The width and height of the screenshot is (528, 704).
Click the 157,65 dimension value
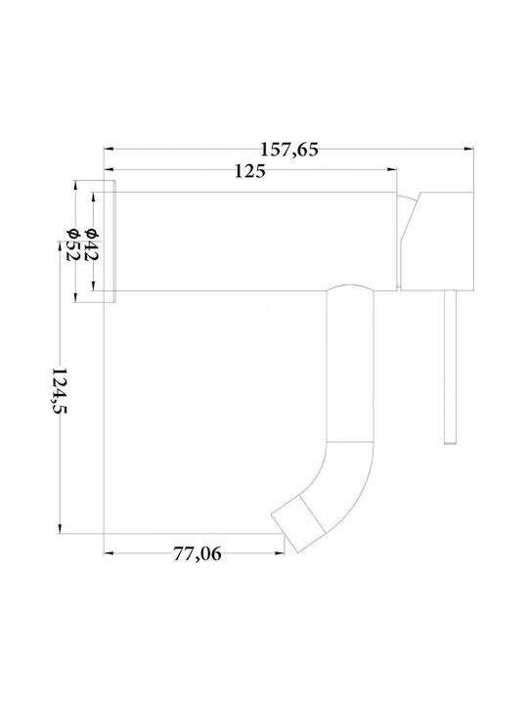(289, 150)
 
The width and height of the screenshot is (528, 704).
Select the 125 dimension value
(249, 171)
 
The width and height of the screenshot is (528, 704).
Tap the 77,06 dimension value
(198, 554)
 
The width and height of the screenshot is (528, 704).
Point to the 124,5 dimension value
(59, 390)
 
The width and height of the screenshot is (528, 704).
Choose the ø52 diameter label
(72, 244)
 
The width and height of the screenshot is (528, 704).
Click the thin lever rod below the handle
(451, 367)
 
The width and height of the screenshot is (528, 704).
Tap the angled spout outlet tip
(286, 533)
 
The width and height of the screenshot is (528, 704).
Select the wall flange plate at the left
(110, 242)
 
